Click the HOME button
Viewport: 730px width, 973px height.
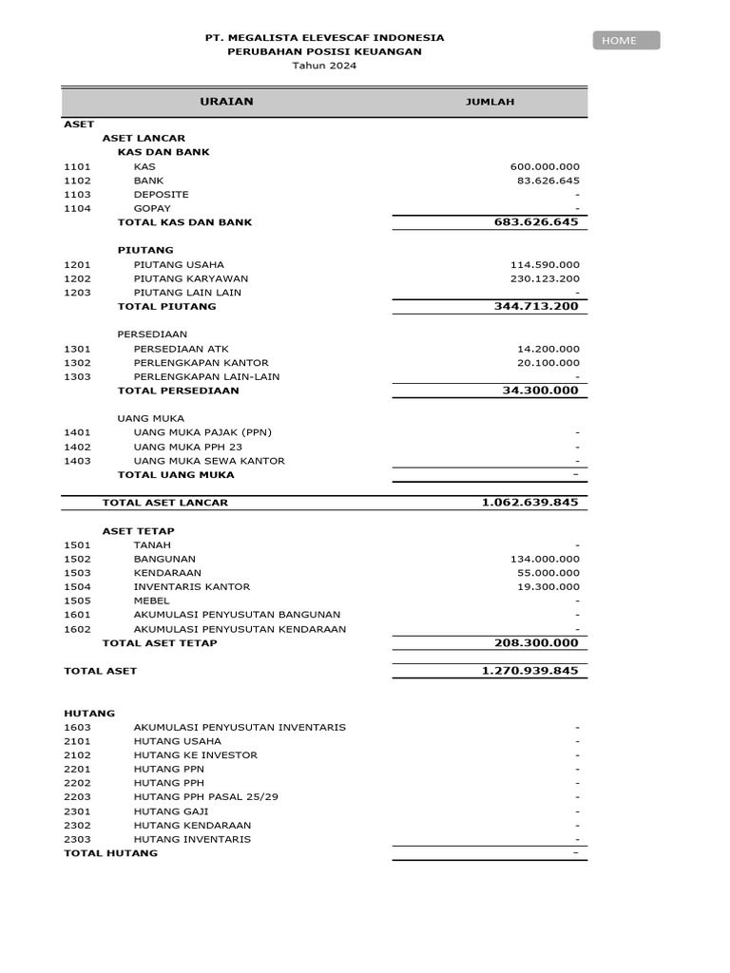point(626,40)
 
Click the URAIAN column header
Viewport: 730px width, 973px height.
point(226,102)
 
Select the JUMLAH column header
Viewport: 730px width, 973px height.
point(490,103)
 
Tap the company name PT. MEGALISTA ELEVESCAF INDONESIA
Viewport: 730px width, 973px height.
point(324,38)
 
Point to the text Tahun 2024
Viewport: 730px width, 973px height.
point(324,67)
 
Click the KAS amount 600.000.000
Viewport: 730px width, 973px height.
point(545,166)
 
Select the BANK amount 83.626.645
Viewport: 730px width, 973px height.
point(547,181)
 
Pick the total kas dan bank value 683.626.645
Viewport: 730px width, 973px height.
point(536,222)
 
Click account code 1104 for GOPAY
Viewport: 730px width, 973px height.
point(77,208)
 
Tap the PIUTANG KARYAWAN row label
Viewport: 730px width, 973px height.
point(190,278)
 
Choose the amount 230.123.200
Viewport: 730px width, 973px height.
point(545,278)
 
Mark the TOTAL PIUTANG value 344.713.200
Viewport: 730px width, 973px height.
point(536,307)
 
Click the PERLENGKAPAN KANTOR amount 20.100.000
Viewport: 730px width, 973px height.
point(547,363)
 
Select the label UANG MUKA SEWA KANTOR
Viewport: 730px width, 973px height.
point(209,461)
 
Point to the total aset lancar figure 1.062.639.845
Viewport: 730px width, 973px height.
point(529,503)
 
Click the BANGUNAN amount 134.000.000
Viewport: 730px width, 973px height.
point(545,560)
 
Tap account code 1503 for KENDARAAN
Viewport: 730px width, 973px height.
point(77,573)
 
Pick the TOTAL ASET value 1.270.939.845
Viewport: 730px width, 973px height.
point(529,671)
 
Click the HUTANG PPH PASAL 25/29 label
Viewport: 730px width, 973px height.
point(206,797)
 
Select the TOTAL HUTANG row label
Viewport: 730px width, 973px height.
point(110,853)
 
